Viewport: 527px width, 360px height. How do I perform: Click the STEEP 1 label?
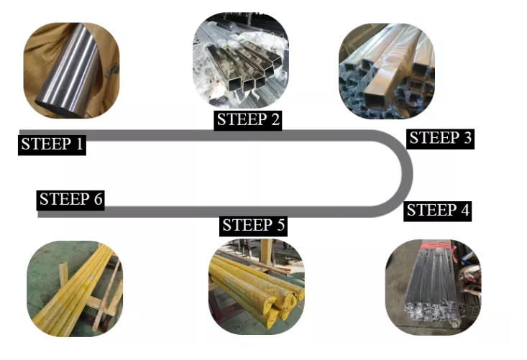point(52,144)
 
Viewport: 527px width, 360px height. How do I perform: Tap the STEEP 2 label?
point(247,120)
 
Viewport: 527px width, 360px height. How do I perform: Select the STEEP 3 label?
point(439,138)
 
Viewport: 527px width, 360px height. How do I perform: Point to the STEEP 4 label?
point(438,211)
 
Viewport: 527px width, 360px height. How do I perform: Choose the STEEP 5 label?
point(254,226)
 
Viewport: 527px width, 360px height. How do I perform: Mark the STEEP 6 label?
point(71,200)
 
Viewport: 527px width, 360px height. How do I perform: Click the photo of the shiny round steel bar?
point(71,70)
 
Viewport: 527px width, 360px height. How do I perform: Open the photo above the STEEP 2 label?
point(241,61)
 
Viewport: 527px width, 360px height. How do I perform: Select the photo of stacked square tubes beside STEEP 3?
point(387,70)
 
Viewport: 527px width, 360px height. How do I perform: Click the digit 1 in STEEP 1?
point(78,144)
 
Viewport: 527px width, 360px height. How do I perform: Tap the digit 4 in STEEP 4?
point(464,211)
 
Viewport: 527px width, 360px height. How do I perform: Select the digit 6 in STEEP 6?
point(98,200)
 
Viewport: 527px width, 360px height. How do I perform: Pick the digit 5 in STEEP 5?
point(280,226)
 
